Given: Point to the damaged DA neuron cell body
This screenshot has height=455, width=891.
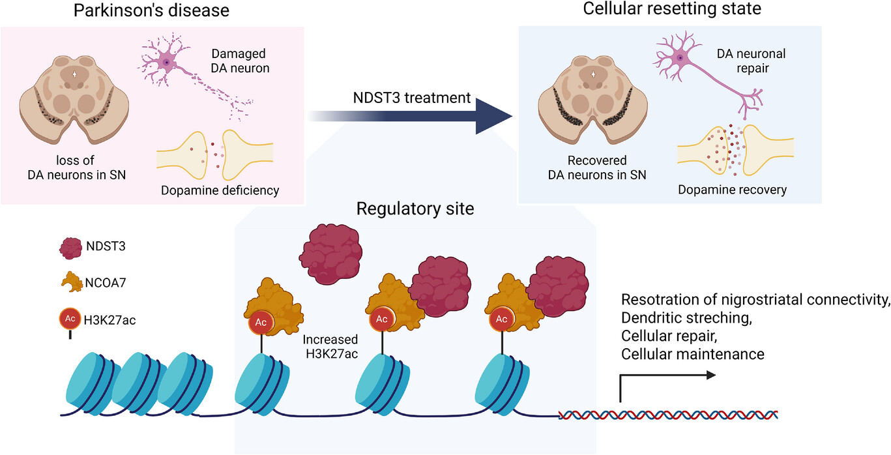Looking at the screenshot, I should point(168,63).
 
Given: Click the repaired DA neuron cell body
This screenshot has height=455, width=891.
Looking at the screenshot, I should point(680,58).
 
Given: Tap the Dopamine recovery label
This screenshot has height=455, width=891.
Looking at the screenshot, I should point(732,190).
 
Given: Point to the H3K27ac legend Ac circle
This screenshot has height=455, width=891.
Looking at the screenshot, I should point(70,319).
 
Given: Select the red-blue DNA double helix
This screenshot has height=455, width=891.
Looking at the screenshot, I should point(668,415).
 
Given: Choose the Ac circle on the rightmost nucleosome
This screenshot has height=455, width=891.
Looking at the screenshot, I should point(502,319).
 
